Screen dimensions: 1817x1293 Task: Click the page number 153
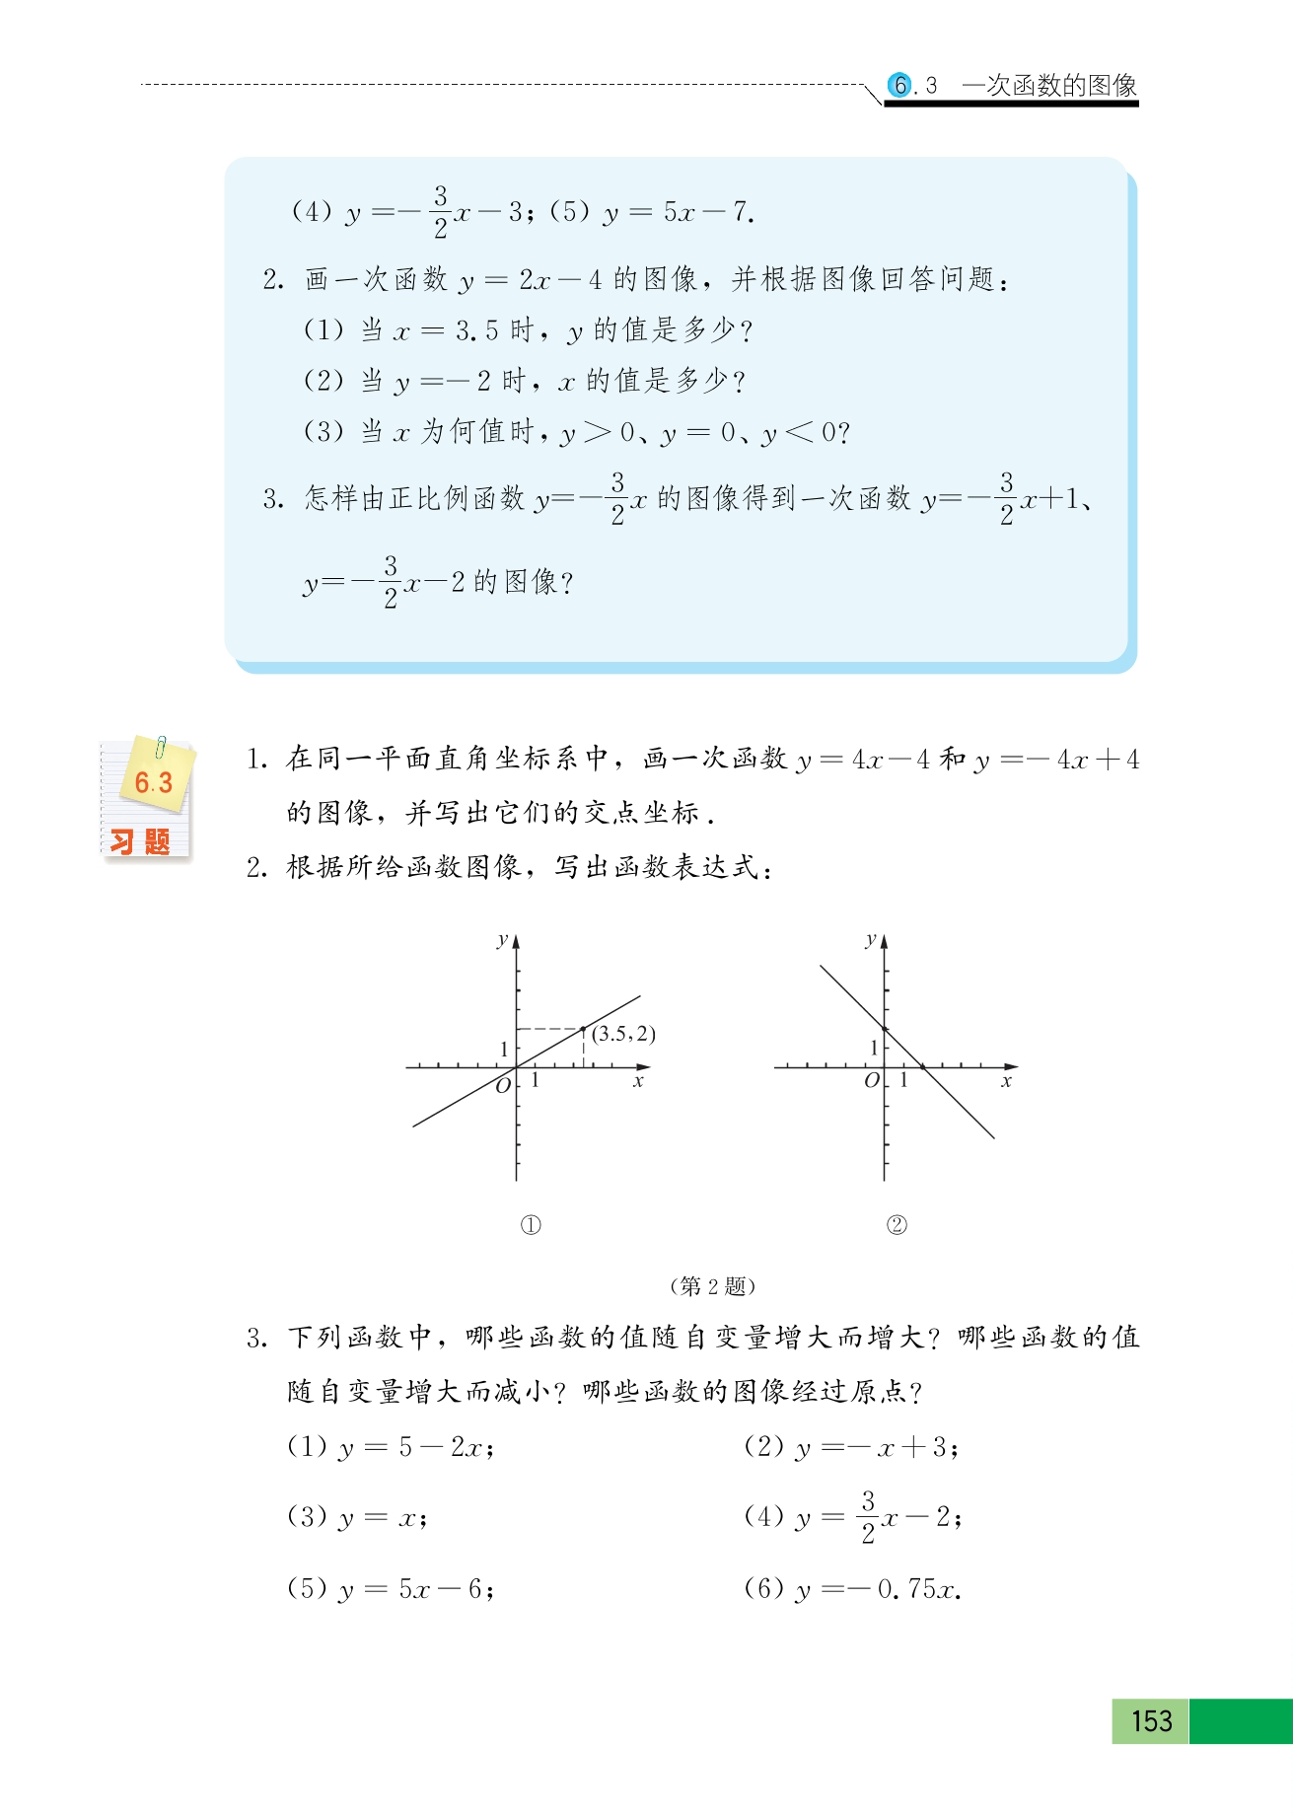tap(1151, 1720)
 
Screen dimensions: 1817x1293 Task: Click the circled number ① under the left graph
tap(531, 1225)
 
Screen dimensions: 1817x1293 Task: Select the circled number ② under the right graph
tap(897, 1225)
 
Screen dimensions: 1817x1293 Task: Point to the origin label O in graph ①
tap(503, 1086)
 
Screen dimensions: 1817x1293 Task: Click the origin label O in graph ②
tap(871, 1081)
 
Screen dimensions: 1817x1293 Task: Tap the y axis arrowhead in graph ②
tap(884, 941)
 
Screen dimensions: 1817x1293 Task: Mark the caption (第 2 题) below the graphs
tap(712, 1286)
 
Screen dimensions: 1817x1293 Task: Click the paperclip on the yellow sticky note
tap(160, 748)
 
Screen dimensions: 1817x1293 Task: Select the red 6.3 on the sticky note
tap(153, 783)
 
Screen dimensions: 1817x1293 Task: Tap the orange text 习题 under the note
tap(140, 842)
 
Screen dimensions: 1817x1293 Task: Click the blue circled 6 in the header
tap(899, 86)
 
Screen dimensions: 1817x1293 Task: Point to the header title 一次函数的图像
tap(1049, 86)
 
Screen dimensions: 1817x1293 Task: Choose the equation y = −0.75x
tap(877, 1589)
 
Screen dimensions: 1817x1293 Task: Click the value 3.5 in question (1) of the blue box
tap(476, 330)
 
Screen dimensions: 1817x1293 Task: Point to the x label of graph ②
tap(1006, 1082)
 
